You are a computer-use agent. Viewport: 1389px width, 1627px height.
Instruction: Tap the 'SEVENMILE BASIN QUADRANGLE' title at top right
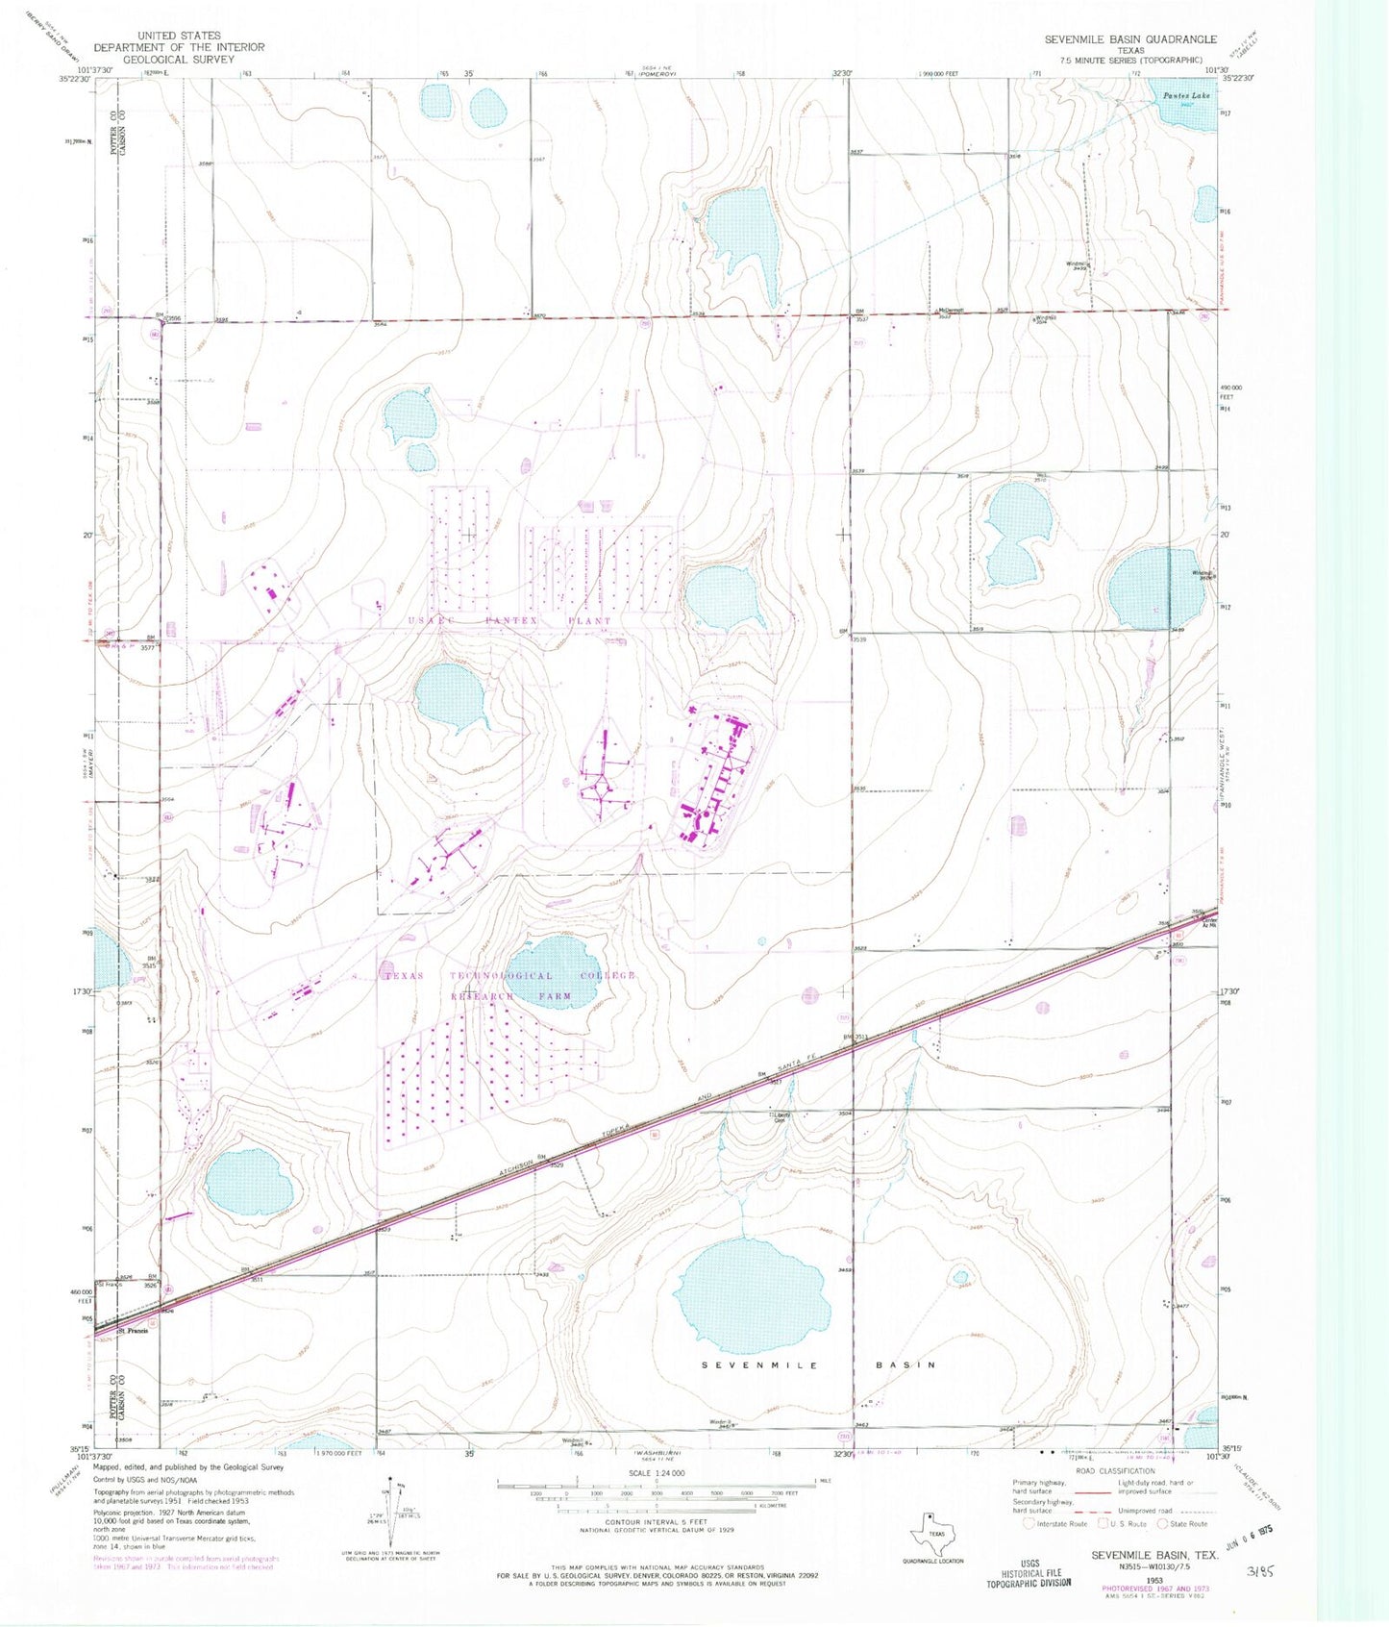(1130, 39)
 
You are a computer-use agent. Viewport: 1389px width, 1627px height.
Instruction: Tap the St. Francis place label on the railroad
(132, 1331)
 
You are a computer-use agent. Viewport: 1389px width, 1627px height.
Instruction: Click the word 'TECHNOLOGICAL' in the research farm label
(495, 976)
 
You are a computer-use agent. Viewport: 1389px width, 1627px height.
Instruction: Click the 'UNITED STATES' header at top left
(179, 36)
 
